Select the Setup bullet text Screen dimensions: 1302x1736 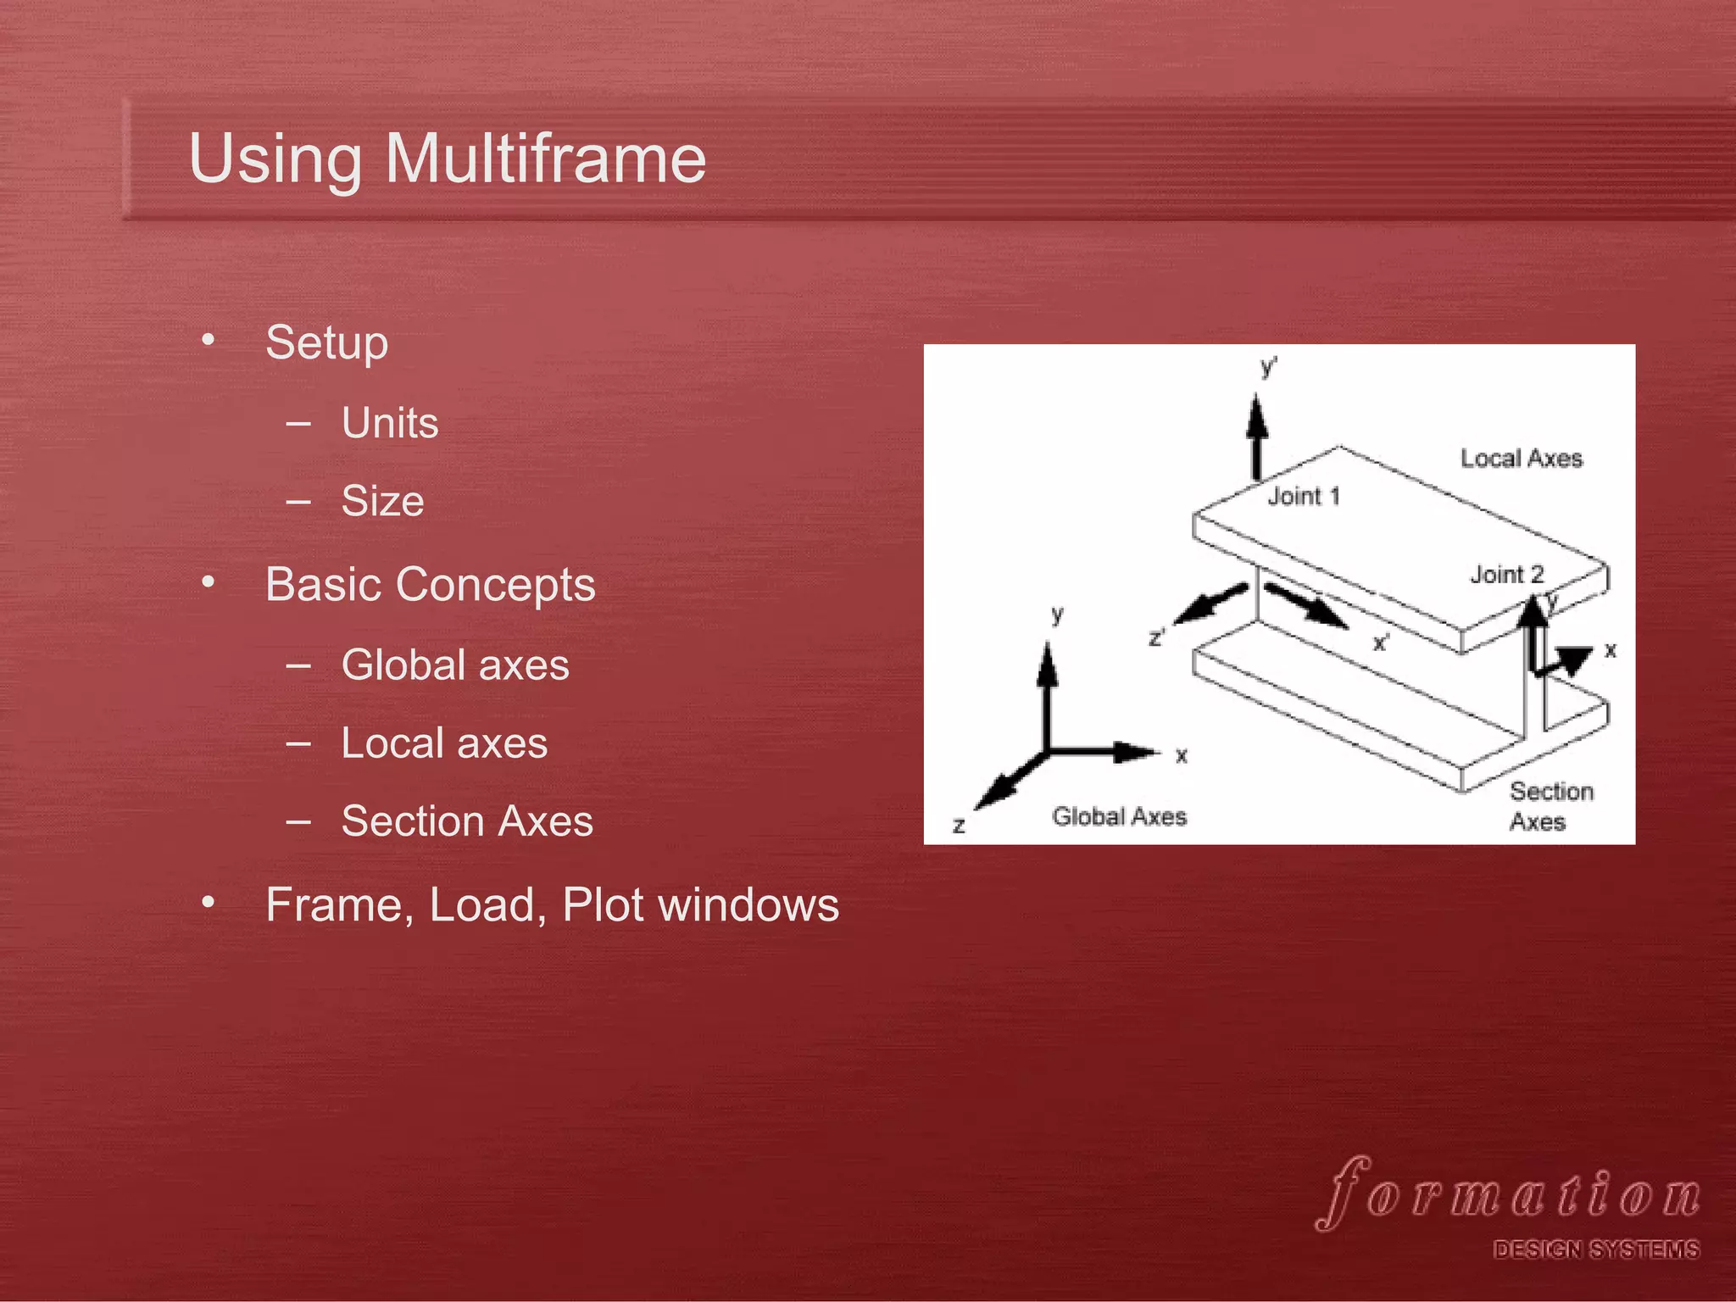(326, 343)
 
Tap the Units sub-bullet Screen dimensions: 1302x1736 (390, 423)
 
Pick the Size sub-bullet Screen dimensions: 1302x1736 (382, 501)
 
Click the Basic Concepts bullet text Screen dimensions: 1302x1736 (430, 585)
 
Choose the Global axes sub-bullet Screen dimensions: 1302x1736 (455, 665)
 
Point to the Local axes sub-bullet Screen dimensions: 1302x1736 (444, 743)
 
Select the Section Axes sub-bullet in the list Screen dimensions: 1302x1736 (467, 821)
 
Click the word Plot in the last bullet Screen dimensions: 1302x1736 (603, 905)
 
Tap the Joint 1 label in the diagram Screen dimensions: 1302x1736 (1304, 497)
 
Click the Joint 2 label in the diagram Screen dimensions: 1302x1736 (1506, 575)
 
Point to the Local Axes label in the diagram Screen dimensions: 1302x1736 (1521, 459)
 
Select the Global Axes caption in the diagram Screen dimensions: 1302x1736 (1119, 816)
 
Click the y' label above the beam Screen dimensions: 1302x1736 (1268, 367)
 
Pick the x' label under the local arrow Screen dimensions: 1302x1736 (1381, 643)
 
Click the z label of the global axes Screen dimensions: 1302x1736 (959, 825)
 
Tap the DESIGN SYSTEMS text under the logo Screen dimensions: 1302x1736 (1595, 1250)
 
